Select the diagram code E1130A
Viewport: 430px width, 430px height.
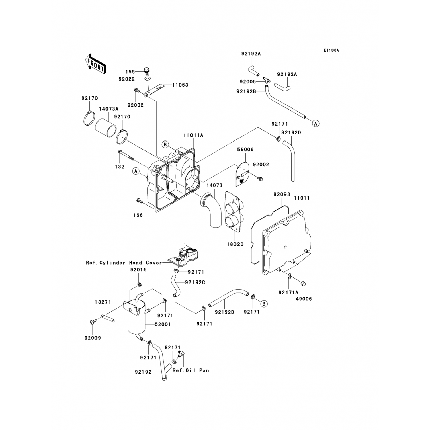[x=331, y=50]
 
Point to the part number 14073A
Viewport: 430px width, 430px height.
[x=109, y=109]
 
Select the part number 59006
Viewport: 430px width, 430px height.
[x=245, y=149]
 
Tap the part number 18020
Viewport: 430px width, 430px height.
[x=235, y=244]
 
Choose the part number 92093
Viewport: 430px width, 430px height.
[x=282, y=194]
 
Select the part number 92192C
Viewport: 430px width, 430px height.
[x=195, y=282]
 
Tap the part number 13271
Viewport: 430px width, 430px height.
[x=103, y=302]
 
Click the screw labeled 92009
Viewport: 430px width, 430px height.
[x=92, y=322]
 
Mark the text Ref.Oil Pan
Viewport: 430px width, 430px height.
[x=191, y=370]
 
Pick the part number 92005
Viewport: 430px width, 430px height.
[x=248, y=82]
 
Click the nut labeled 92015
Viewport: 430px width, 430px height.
[x=139, y=284]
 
